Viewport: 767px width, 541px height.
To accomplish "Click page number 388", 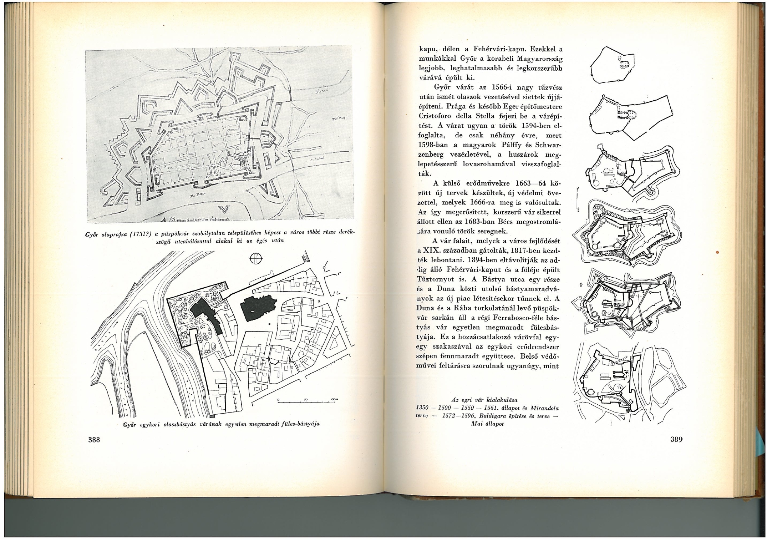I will (94, 440).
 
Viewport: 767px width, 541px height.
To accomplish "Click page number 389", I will (676, 439).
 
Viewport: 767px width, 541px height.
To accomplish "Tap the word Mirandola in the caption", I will (544, 408).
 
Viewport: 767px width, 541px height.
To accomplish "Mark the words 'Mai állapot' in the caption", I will (487, 424).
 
